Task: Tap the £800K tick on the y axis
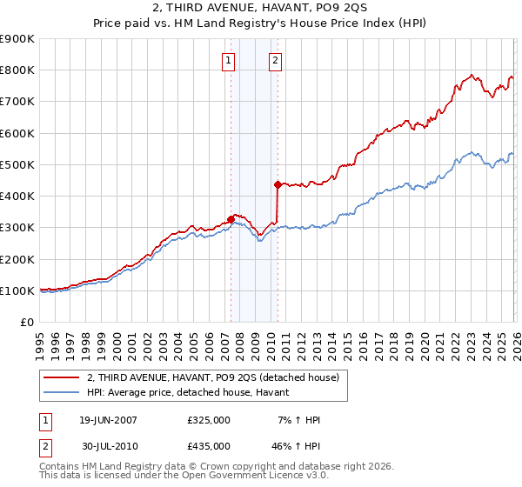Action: click(x=17, y=70)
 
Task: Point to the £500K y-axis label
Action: click(x=17, y=164)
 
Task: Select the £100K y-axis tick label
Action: click(x=17, y=290)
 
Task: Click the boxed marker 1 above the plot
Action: click(x=228, y=61)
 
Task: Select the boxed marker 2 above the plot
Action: click(x=275, y=61)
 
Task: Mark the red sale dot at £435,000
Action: click(x=278, y=184)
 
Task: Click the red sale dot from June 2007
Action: click(x=231, y=219)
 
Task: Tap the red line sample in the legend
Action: click(x=60, y=377)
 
